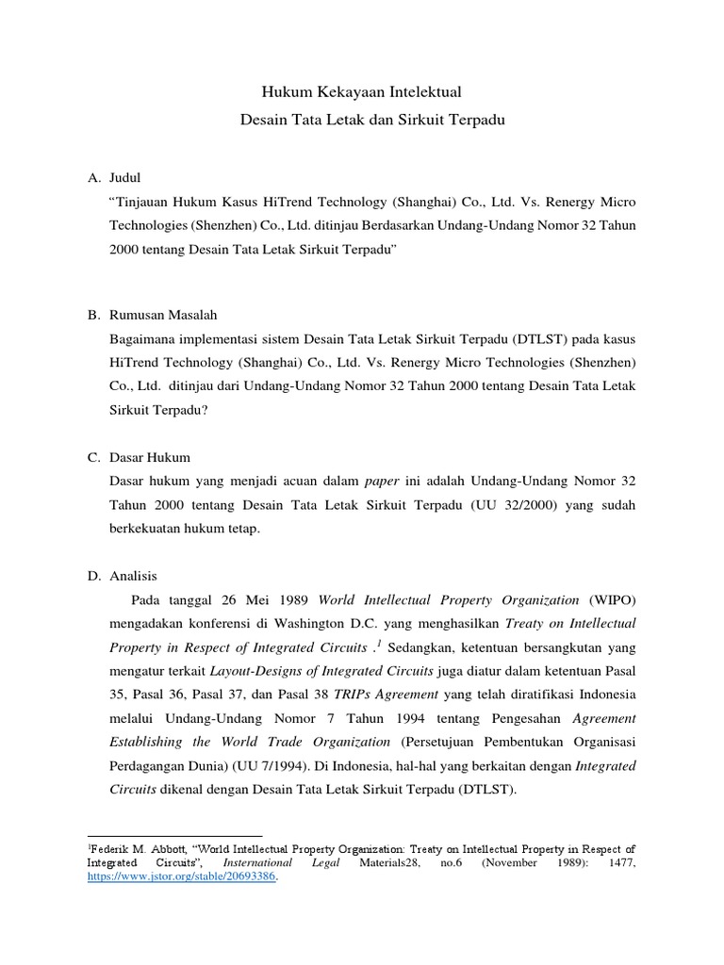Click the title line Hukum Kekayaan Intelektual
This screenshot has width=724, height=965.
(362, 93)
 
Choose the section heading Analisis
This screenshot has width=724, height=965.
(134, 576)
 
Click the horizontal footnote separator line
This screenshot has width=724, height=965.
(174, 835)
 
